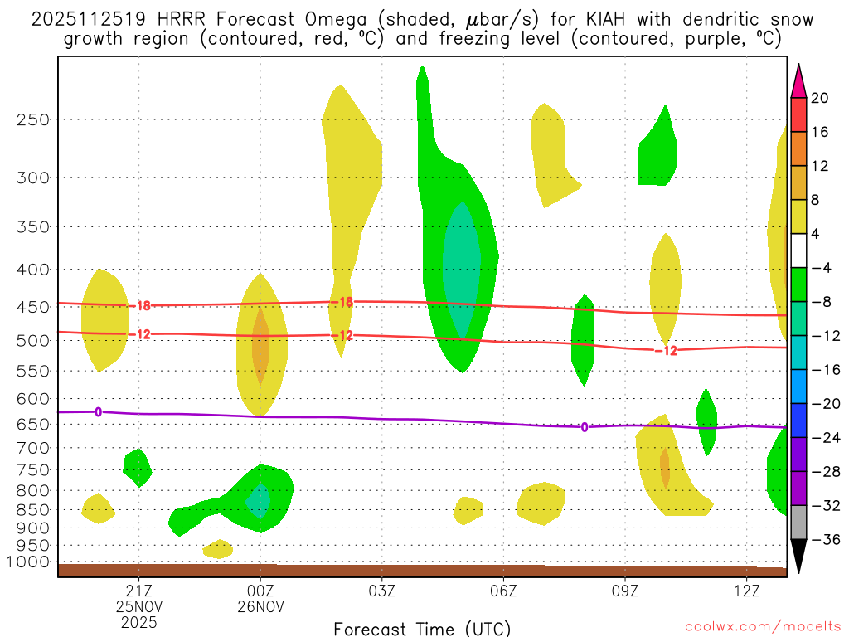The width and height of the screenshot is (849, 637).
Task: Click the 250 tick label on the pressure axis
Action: (x=33, y=119)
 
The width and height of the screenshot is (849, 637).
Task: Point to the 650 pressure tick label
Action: (x=33, y=424)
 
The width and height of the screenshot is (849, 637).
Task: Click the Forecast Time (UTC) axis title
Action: (x=422, y=628)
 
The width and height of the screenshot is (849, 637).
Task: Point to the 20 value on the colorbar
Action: (x=820, y=99)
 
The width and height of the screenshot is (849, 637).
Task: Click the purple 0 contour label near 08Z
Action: (x=585, y=427)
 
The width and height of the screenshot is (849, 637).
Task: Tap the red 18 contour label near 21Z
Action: (x=143, y=306)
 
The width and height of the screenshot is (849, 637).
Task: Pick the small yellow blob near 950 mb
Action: (x=218, y=548)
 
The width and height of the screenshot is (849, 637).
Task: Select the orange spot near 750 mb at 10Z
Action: (x=665, y=466)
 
